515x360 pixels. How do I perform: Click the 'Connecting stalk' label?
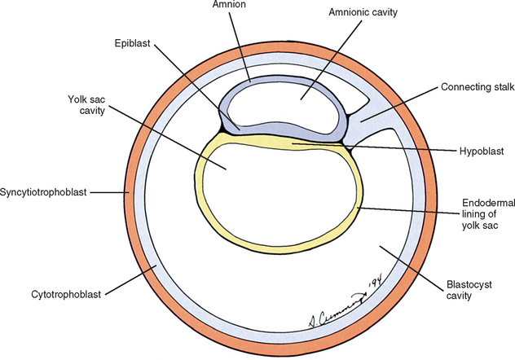click(475, 86)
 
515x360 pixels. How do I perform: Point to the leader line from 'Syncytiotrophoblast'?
click(106, 193)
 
